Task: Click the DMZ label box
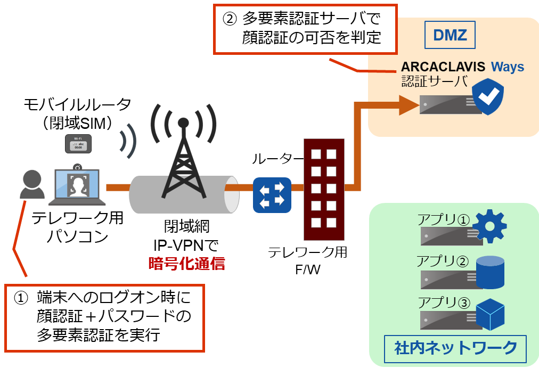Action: (450, 35)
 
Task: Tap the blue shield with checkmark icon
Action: (488, 96)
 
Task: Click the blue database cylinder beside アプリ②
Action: (489, 272)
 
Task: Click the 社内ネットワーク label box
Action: (455, 348)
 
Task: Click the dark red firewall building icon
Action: (324, 189)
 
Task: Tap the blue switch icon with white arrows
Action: (273, 195)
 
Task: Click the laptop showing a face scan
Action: (78, 187)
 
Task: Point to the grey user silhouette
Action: (32, 184)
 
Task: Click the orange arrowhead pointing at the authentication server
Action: (407, 105)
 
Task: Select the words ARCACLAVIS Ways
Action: (462, 67)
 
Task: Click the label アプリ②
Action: (443, 261)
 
